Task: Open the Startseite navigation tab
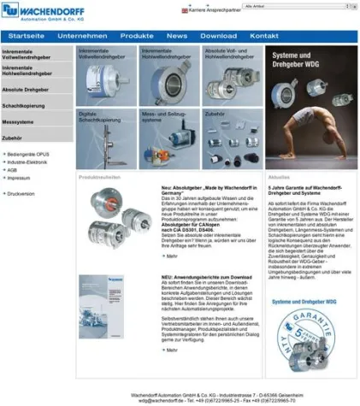(27, 36)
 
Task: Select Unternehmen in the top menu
(82, 36)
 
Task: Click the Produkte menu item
(137, 36)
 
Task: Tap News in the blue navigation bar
(177, 36)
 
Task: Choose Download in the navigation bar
(218, 36)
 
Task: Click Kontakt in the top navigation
(264, 36)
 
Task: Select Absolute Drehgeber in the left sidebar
(26, 89)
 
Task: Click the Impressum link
(19, 178)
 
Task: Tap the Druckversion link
(21, 194)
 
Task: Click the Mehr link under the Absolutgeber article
(171, 256)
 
